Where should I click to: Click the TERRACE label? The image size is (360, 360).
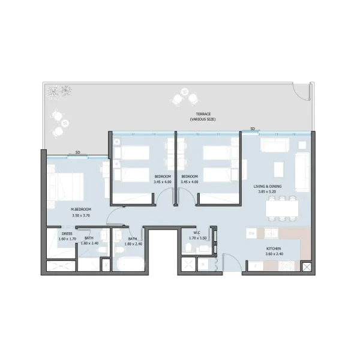coord(203,114)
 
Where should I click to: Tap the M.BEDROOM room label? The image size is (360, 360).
coord(80,209)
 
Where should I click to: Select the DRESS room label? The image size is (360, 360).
coord(67,233)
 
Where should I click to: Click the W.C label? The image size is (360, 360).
coord(196,233)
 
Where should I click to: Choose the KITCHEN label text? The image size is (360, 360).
coord(274,248)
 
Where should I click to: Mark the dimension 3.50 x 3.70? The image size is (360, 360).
coord(80,215)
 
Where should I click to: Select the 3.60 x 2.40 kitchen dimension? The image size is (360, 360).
coord(274,254)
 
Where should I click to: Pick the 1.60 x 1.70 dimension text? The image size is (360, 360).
coord(67,239)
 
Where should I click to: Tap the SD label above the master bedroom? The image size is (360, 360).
coord(78,152)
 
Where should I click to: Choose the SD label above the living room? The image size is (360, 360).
coord(253,128)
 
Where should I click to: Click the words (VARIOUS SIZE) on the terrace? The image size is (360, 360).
coord(203,119)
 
